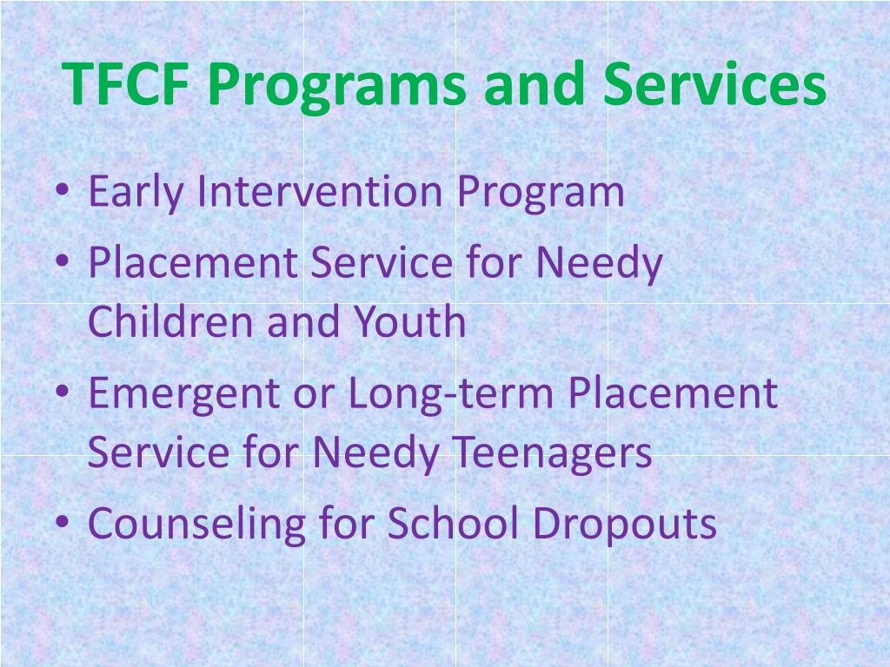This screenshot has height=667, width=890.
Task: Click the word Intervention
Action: [x=322, y=191]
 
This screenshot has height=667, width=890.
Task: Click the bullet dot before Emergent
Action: [x=67, y=394]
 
